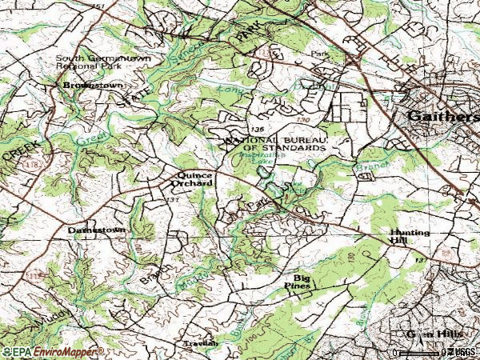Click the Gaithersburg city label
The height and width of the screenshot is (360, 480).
(442, 117)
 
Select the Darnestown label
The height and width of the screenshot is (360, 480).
(96, 230)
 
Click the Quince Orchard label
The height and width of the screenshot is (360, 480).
(195, 178)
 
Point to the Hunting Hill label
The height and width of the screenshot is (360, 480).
(410, 238)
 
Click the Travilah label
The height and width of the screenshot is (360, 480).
(199, 343)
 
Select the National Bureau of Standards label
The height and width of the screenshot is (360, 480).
(276, 144)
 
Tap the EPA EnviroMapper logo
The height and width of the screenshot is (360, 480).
(52, 352)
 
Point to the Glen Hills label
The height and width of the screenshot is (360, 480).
(413, 334)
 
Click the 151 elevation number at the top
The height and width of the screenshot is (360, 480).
(98, 6)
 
